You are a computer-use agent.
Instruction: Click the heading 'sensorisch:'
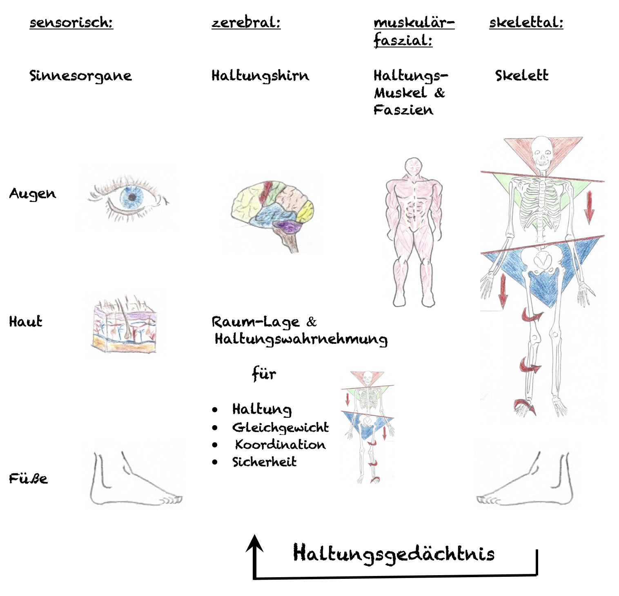tap(71, 22)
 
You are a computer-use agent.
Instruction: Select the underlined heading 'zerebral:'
tap(246, 22)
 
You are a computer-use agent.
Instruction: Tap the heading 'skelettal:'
tap(526, 22)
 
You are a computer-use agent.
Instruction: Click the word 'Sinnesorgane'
tap(80, 76)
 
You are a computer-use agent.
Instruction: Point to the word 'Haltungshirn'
tap(260, 76)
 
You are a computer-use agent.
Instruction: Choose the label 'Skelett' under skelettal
tap(521, 75)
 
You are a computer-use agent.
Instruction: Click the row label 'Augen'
tap(32, 194)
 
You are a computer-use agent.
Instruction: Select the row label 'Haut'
tap(25, 322)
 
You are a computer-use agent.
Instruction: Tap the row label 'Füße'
tap(28, 479)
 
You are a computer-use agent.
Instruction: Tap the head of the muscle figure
tap(414, 167)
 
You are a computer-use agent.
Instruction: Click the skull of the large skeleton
tap(542, 150)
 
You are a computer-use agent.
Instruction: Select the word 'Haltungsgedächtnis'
tap(394, 553)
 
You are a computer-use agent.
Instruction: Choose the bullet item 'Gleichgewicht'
tap(280, 428)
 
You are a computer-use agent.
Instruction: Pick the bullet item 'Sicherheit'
tap(264, 462)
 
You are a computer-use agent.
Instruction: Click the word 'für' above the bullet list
tap(264, 374)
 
